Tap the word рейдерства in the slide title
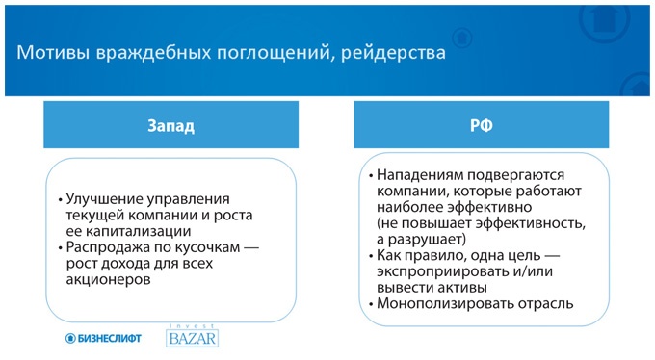pyautogui.click(x=394, y=53)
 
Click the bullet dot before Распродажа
pyautogui.click(x=60, y=248)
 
